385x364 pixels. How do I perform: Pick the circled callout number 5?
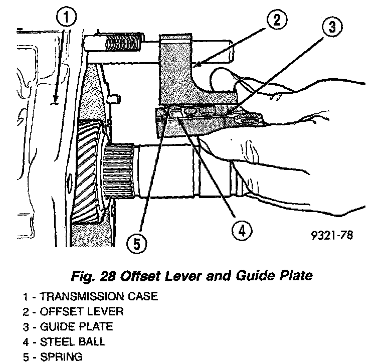point(136,244)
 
